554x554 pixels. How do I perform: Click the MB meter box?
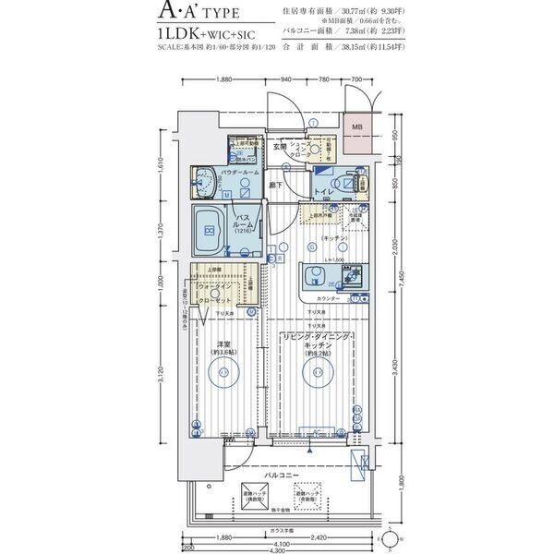355,126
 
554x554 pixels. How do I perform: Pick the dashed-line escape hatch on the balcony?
307,497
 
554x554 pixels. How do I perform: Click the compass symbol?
391,537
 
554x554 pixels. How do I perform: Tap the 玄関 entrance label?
279,147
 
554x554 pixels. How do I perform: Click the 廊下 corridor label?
276,185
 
